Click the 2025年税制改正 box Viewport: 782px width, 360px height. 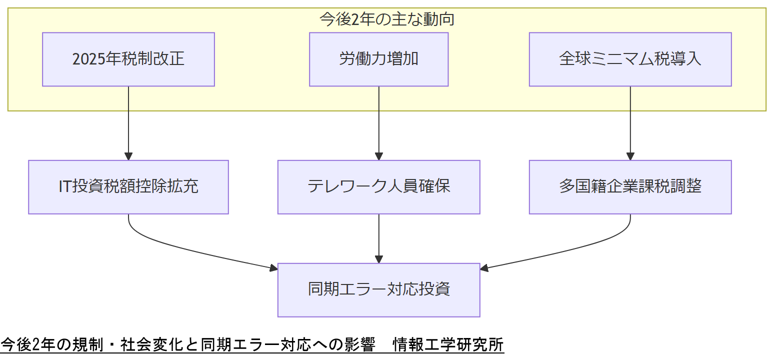(x=128, y=59)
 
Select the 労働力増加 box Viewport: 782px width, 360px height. (x=378, y=59)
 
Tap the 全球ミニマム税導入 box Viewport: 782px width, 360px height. (x=630, y=59)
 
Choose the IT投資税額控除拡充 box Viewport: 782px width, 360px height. (x=128, y=187)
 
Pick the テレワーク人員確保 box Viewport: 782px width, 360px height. (x=378, y=187)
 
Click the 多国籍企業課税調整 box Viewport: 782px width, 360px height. (x=630, y=187)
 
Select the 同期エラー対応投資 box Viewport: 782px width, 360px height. (x=378, y=290)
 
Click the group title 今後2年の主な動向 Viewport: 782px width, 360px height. (x=386, y=19)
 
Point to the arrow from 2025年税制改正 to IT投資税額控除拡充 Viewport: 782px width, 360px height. (x=128, y=123)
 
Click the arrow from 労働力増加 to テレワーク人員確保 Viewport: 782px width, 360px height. (x=378, y=123)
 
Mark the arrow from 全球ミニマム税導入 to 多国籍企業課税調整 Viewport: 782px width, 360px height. (x=630, y=123)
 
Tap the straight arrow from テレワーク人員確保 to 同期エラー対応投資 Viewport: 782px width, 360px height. (x=378, y=238)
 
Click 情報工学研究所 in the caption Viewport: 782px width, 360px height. (x=448, y=345)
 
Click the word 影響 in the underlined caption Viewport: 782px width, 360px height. (x=359, y=345)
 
